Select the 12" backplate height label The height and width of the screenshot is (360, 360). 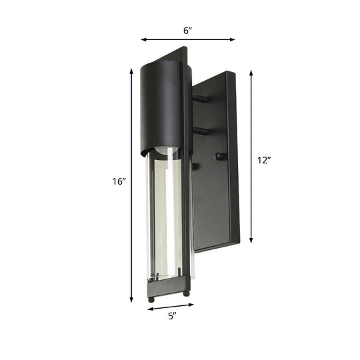(264, 160)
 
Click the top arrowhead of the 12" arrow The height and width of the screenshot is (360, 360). (251, 73)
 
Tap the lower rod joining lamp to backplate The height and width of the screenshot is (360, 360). (200, 131)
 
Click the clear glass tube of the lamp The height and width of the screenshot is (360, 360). (167, 213)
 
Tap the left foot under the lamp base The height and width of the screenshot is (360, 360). (155, 294)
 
